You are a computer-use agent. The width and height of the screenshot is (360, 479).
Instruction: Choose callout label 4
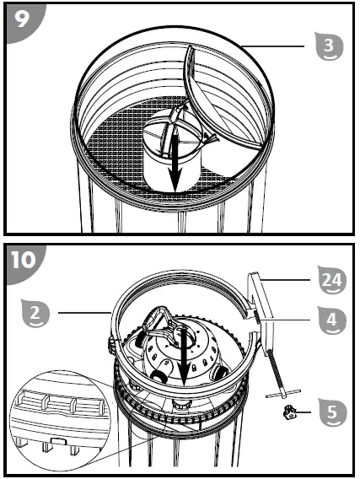(330, 321)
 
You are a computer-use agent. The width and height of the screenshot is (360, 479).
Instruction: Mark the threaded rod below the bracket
(275, 363)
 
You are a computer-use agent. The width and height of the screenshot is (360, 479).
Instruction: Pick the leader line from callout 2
(80, 315)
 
